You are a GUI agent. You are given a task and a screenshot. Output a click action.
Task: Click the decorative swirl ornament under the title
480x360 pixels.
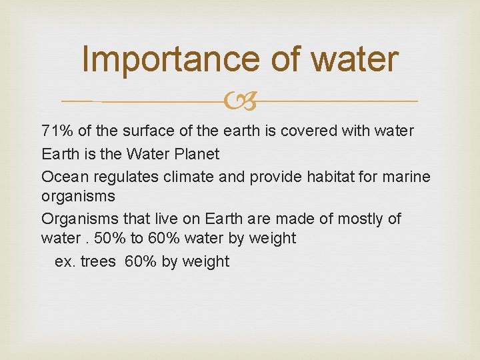240,101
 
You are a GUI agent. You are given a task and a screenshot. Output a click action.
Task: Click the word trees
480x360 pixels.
97,261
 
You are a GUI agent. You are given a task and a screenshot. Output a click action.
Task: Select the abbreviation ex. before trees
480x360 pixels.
65,261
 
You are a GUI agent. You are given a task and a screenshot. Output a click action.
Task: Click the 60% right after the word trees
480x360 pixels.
140,261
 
